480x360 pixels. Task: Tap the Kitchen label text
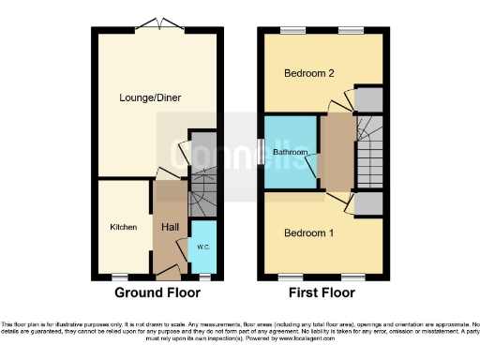click(123, 227)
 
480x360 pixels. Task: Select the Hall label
click(170, 227)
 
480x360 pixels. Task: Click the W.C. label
click(203, 247)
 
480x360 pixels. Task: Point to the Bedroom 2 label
click(303, 72)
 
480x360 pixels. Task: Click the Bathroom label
click(291, 151)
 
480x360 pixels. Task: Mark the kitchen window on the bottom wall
click(119, 277)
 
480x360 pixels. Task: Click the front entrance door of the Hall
click(168, 272)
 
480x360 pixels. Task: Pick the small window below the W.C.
click(204, 277)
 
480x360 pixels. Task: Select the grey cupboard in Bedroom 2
click(368, 98)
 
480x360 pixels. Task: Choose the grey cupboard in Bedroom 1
click(368, 202)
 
